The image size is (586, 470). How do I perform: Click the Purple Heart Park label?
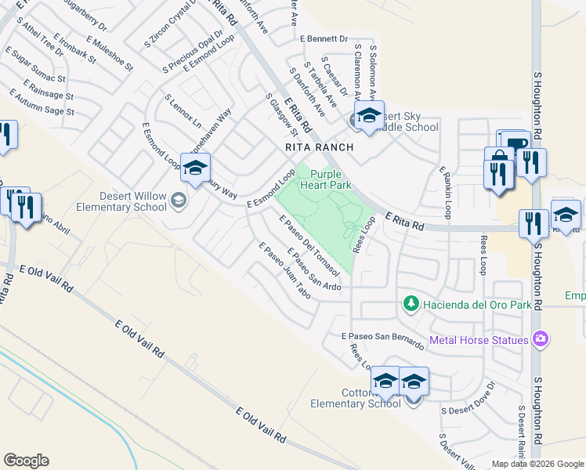coord(330,179)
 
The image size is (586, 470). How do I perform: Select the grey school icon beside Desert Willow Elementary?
coord(179,201)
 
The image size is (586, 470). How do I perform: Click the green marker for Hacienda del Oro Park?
coord(410,303)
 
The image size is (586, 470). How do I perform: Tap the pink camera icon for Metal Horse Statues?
coord(539,339)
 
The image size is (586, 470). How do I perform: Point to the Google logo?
coord(26,461)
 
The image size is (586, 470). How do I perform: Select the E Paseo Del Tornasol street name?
coord(309,245)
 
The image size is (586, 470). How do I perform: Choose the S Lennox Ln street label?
coord(183,113)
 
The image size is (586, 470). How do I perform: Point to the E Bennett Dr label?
coord(324,38)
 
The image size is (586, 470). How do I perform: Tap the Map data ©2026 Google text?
coord(537,464)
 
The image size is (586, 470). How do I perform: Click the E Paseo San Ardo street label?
coord(313,269)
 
